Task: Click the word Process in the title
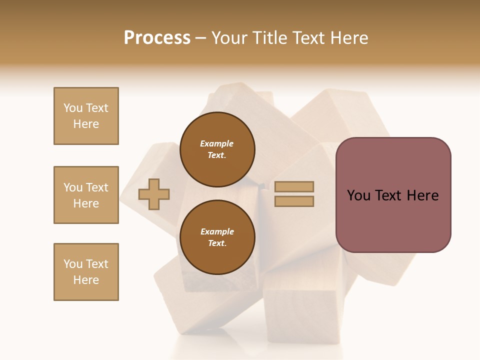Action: coord(157,37)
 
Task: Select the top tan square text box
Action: coord(86,116)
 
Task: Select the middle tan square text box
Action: coord(86,195)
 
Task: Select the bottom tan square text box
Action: coord(86,272)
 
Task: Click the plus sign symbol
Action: coord(154,194)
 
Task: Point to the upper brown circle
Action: coord(217,149)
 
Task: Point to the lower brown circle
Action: coord(217,237)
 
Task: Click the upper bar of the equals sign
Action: coord(294,186)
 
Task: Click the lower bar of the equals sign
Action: coord(294,201)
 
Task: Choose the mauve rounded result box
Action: coord(393,195)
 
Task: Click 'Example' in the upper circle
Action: coord(217,143)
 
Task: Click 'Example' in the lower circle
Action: coord(217,231)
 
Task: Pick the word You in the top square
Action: coord(73,108)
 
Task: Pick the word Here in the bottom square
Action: coord(86,280)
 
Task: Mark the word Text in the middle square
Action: coord(96,187)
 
